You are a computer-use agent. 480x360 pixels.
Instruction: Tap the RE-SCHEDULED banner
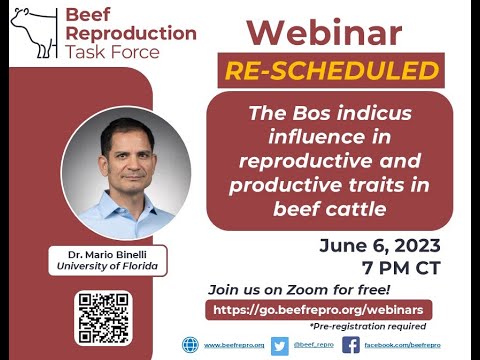pyautogui.click(x=332, y=72)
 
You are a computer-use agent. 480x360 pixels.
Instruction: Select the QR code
pyautogui.click(x=104, y=317)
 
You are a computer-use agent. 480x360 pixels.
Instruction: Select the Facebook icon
pyautogui.click(x=351, y=345)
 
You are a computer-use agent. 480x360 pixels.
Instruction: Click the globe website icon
pyautogui.click(x=190, y=345)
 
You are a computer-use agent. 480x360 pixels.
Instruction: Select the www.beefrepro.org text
pyautogui.click(x=234, y=345)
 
